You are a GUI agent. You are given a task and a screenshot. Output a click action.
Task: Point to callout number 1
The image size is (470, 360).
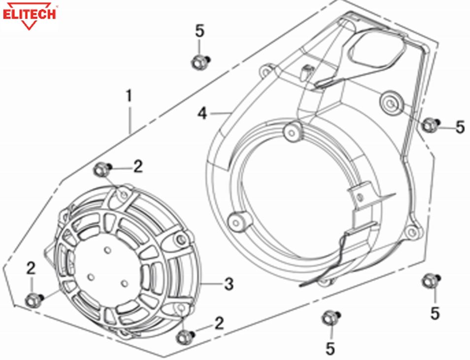pyautogui.click(x=129, y=96)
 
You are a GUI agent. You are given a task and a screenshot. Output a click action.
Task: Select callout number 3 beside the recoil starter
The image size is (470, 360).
pyautogui.click(x=229, y=284)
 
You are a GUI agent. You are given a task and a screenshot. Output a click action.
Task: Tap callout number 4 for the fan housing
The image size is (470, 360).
pyautogui.click(x=202, y=114)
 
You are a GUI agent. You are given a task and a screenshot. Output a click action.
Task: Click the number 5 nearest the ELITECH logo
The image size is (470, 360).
pyautogui.click(x=200, y=31)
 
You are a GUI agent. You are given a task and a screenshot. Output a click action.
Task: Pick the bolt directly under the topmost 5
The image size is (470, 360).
pyautogui.click(x=200, y=62)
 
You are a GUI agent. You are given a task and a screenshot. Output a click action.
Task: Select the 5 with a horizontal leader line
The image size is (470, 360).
pyautogui.click(x=460, y=127)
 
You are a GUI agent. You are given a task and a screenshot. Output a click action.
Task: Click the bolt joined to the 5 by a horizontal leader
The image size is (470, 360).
pyautogui.click(x=430, y=124)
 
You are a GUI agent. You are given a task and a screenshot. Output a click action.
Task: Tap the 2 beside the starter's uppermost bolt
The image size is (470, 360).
pyautogui.click(x=138, y=167)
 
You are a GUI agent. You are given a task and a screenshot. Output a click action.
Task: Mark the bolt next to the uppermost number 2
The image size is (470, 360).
pyautogui.click(x=101, y=170)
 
